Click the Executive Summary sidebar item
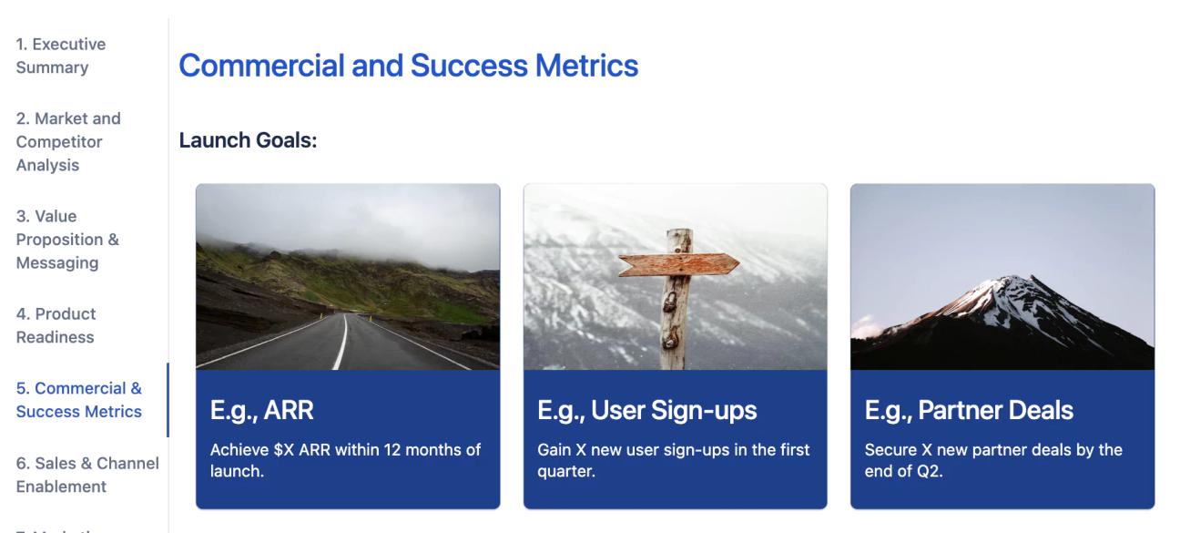61,56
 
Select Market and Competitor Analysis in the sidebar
68,141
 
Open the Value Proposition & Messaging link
67,240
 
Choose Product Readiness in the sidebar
56,325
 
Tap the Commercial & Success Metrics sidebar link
79,400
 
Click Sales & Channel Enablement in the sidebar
87,475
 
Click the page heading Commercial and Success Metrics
409,66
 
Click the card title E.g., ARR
262,411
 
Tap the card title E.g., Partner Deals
969,411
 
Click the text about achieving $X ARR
345,461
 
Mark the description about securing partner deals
993,461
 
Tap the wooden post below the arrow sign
675,328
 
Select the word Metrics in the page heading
587,66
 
